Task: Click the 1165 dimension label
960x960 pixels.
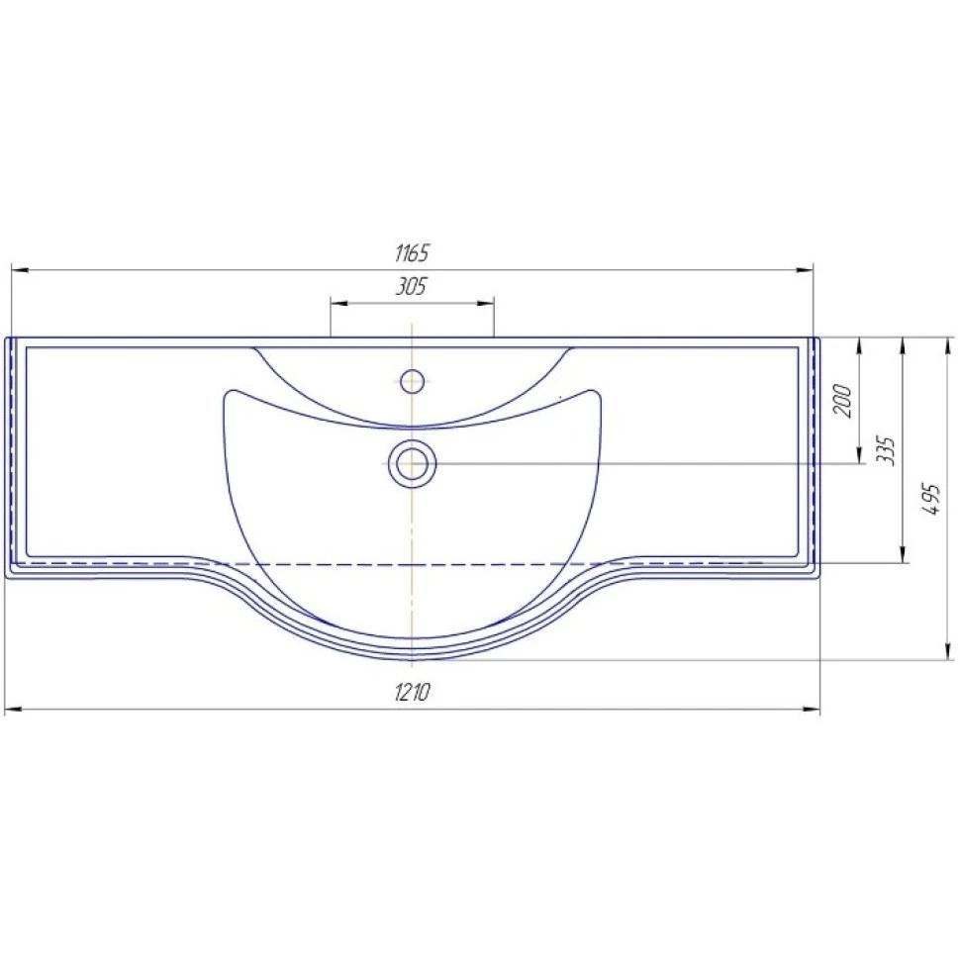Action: click(x=412, y=252)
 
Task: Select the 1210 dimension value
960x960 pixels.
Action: click(x=412, y=692)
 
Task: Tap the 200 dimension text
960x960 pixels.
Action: click(x=843, y=401)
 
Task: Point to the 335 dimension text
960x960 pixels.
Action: click(x=887, y=451)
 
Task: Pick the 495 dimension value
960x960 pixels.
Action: click(x=932, y=499)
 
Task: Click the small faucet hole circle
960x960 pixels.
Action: click(x=412, y=381)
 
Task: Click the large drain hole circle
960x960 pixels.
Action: click(x=412, y=463)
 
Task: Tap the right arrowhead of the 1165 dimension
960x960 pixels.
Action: click(x=805, y=269)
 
